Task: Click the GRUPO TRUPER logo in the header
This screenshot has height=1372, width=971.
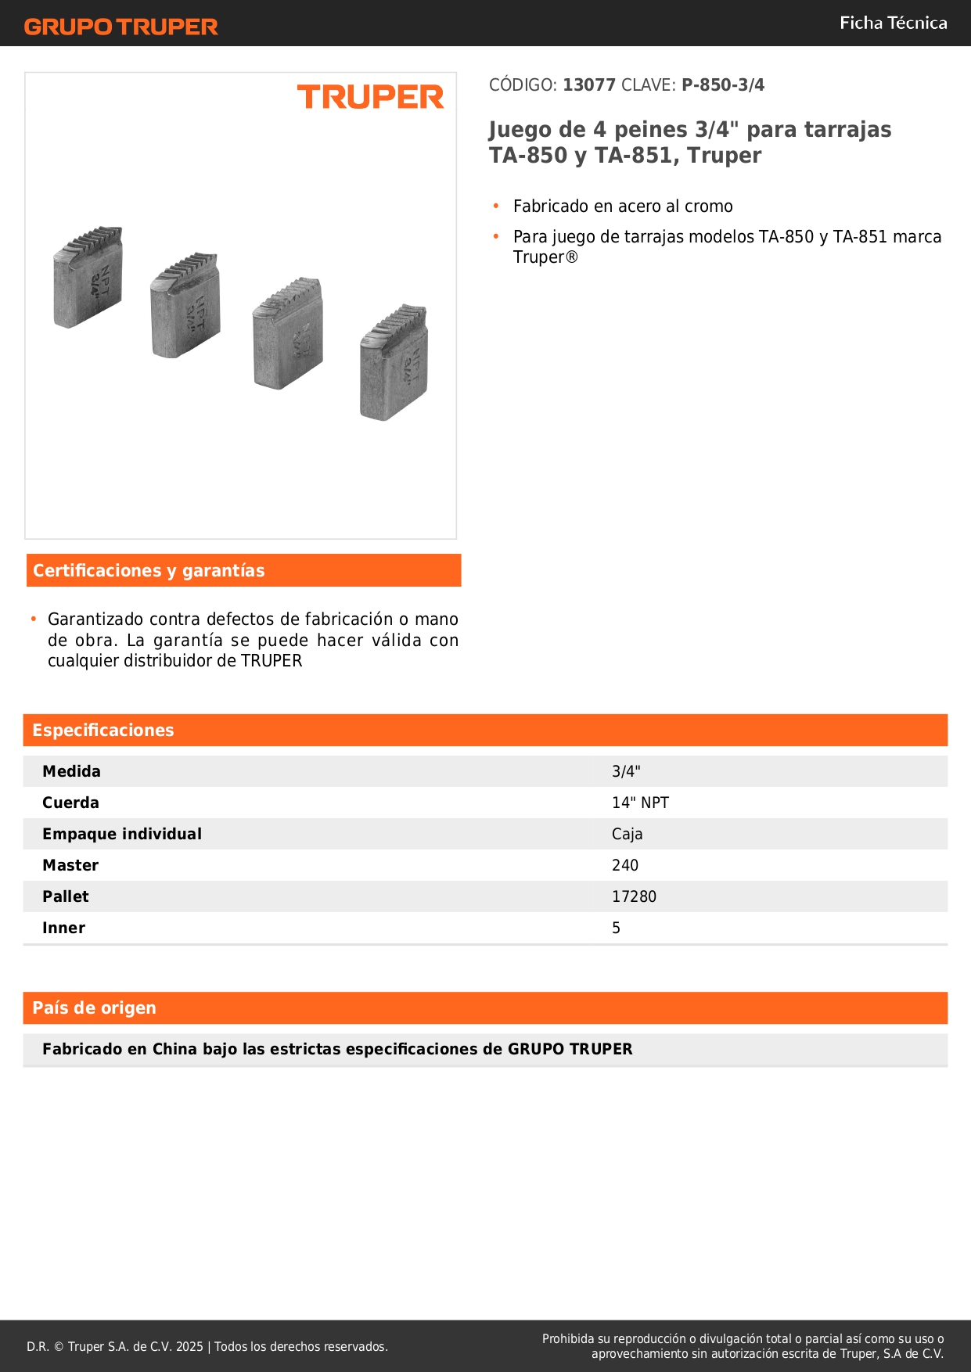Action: tap(121, 27)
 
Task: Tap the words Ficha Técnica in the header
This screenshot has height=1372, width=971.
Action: tap(893, 23)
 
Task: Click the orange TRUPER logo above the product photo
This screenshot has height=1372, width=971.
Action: tap(370, 97)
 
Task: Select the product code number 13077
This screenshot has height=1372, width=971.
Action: tap(589, 85)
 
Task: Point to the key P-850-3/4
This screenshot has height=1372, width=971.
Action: tap(723, 85)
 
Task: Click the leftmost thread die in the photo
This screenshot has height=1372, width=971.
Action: tap(88, 278)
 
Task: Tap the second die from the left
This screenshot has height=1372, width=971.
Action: tap(185, 306)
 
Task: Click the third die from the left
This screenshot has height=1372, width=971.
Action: tap(288, 333)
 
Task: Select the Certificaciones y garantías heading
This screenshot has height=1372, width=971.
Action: tap(149, 571)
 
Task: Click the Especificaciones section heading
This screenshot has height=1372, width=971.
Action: tap(103, 731)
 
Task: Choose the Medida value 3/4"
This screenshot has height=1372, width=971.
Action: tap(626, 771)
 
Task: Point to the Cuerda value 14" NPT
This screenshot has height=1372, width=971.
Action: tap(640, 803)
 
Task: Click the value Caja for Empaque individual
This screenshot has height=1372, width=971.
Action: tap(627, 834)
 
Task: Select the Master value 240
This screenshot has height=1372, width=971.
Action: tap(625, 865)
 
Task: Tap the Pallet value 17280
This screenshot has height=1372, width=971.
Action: tap(634, 896)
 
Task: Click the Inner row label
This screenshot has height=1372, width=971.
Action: tap(64, 928)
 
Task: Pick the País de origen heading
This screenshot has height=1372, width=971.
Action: tap(94, 1008)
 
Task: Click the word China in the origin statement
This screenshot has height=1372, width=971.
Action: tap(174, 1050)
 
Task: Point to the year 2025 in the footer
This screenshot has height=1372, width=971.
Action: tap(189, 1347)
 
